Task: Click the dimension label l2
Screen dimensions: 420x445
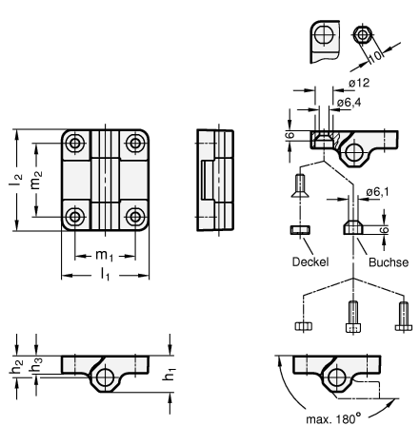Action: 15,181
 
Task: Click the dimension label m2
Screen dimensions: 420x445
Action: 36,181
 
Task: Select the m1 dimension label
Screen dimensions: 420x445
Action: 104,256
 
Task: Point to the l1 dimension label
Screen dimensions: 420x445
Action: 105,274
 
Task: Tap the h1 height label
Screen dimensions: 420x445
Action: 170,374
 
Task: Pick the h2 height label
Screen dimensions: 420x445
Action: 16,367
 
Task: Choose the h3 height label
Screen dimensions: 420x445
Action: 35,364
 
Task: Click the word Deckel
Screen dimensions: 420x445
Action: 310,261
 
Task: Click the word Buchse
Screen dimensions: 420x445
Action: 389,262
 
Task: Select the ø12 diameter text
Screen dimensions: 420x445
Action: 359,83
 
